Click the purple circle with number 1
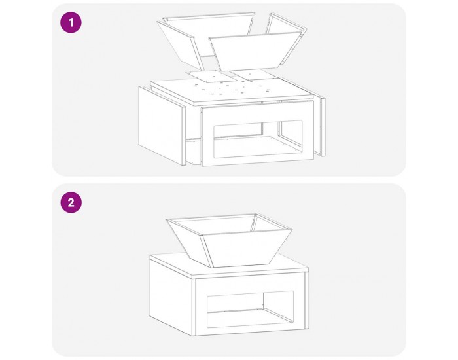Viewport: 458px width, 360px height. [71, 22]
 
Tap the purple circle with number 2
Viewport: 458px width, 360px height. [71, 202]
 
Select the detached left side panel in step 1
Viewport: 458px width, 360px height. [162, 125]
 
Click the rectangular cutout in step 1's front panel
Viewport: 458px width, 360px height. [258, 139]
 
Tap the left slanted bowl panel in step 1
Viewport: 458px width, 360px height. [180, 45]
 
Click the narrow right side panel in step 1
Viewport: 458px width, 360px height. [322, 126]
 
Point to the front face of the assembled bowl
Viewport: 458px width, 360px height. [246, 248]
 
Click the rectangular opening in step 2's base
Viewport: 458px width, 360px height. [250, 309]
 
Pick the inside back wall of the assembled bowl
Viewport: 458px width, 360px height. [214, 225]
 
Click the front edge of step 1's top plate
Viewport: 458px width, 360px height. [254, 101]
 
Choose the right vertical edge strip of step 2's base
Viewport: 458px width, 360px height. [306, 300]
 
